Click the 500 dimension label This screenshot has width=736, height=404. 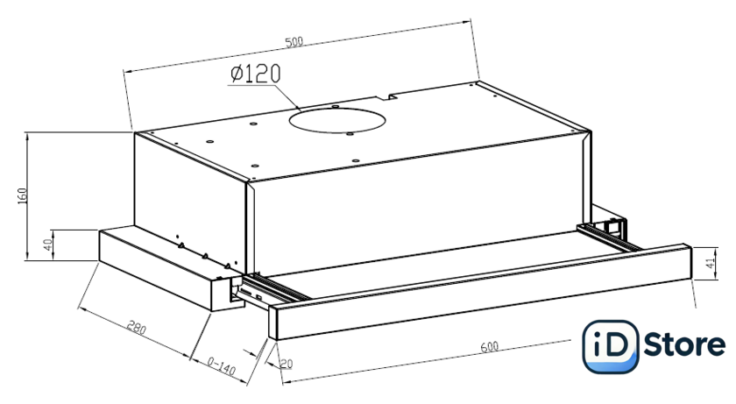[294, 42]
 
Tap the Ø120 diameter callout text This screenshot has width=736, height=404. [255, 74]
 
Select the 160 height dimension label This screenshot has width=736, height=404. [22, 195]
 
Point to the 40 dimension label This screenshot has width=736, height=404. [48, 245]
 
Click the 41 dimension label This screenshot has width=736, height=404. [711, 263]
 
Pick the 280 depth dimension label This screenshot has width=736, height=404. [136, 328]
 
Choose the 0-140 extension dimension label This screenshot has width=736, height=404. [221, 365]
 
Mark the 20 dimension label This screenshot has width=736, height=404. [287, 364]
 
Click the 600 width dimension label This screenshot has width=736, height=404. [489, 347]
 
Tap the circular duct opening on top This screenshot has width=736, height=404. [337, 121]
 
